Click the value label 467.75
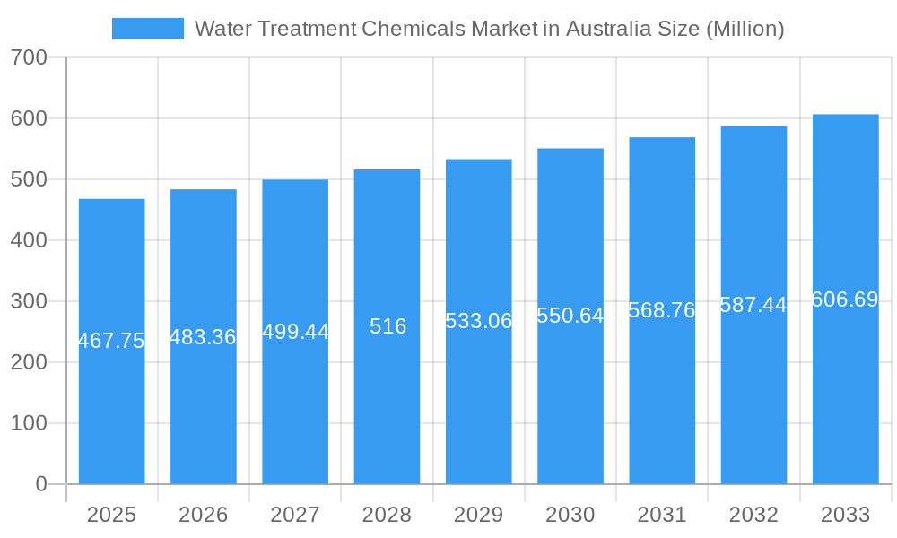111,341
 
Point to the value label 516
388,326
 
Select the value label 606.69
845,299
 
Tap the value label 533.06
478,321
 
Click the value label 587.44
753,305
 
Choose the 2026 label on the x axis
203,515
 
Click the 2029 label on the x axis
478,515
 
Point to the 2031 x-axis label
661,515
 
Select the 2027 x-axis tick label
294,515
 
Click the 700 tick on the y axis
29,57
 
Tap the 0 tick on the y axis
41,484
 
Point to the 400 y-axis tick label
29,240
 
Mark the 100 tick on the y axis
29,423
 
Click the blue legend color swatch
147,29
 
